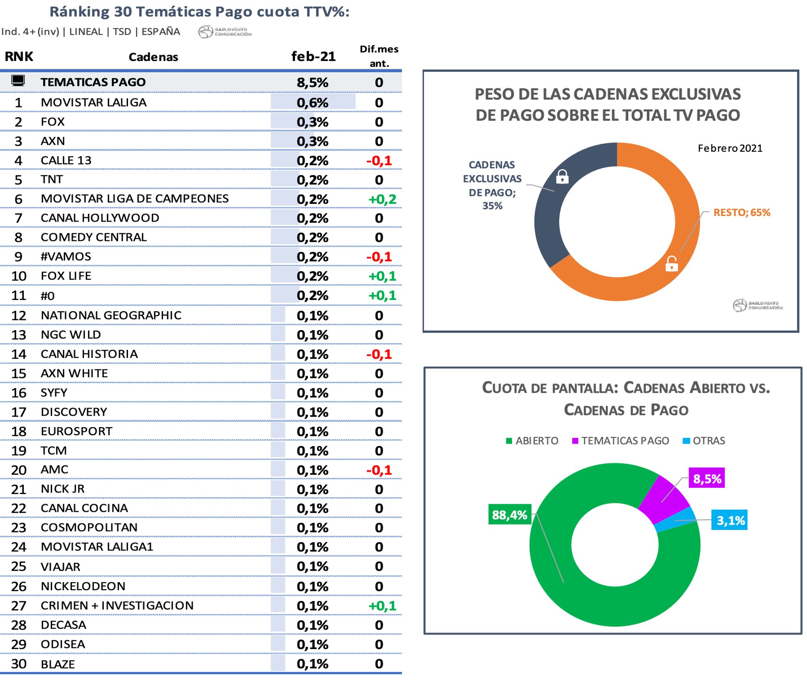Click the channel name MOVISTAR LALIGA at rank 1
94,103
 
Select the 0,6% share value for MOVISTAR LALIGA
312,103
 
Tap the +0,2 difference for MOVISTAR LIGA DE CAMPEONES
382,199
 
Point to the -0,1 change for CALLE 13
379,161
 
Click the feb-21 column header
313,57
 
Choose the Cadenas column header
153,57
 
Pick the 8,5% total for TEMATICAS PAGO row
312,82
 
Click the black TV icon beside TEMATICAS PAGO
18,81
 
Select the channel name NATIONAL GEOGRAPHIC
111,315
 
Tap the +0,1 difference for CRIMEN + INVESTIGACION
382,605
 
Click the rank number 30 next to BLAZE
19,664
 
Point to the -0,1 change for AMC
379,470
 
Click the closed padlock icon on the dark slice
562,176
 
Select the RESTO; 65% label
742,212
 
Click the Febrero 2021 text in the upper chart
730,148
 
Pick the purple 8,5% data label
707,478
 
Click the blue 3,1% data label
730,520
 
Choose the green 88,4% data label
510,515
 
